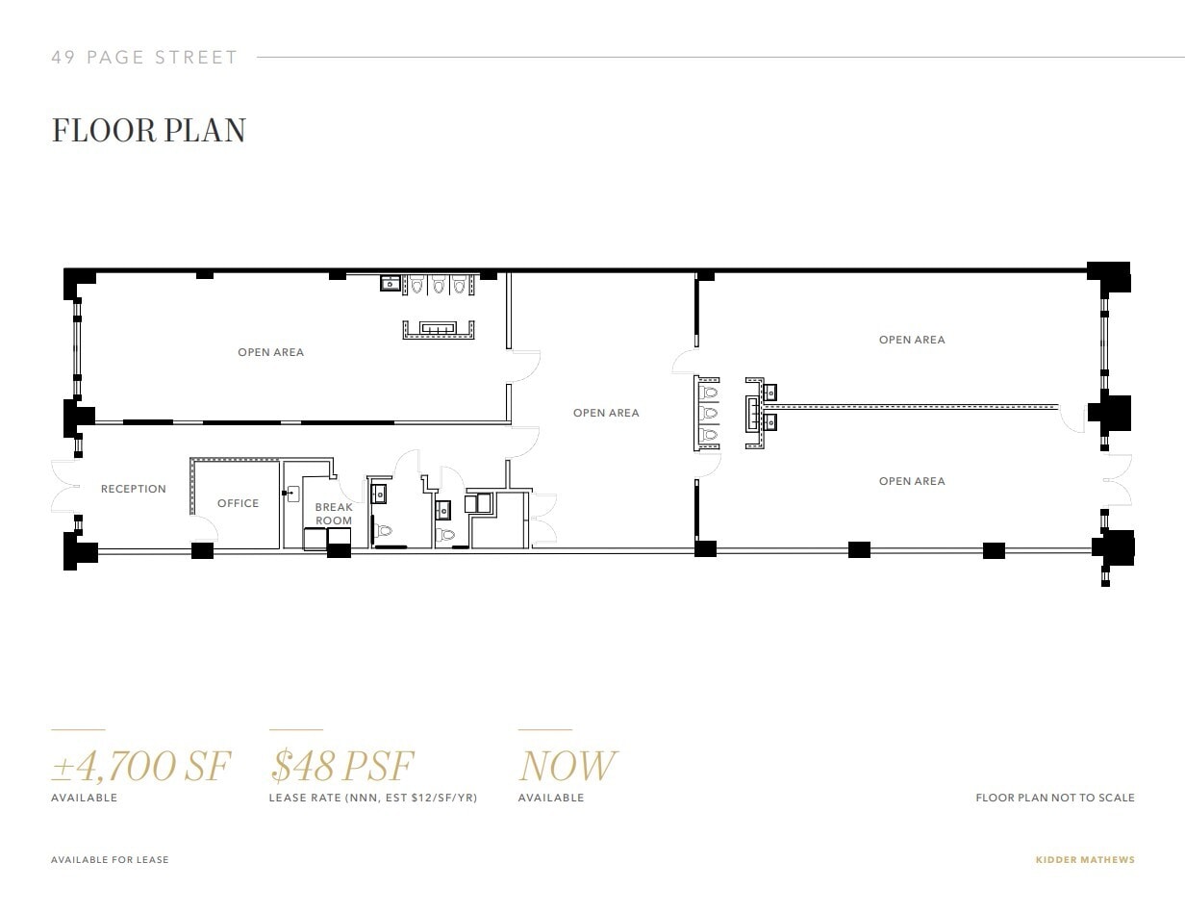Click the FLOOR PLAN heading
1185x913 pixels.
tap(148, 131)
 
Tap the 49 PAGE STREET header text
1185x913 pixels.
tap(144, 58)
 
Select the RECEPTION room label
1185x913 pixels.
tap(134, 489)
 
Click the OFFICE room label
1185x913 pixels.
tap(238, 503)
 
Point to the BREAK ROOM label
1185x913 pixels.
tap(334, 514)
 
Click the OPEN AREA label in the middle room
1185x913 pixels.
tap(606, 413)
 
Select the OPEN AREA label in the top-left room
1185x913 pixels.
tap(270, 352)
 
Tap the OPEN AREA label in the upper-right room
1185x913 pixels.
tap(912, 340)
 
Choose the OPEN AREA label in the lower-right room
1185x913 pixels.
tap(912, 481)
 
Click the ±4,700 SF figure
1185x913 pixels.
tap(140, 767)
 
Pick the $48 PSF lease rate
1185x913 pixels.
tap(341, 767)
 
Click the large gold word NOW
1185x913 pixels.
tap(567, 767)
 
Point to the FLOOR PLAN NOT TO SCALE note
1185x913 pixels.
tap(1055, 798)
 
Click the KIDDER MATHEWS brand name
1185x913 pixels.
tap(1085, 860)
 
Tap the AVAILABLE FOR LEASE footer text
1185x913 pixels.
tap(110, 860)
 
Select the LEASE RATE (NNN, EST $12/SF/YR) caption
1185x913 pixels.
tap(373, 798)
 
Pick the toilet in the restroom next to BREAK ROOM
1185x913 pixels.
tap(385, 530)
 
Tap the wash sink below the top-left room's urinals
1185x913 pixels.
tap(439, 329)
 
